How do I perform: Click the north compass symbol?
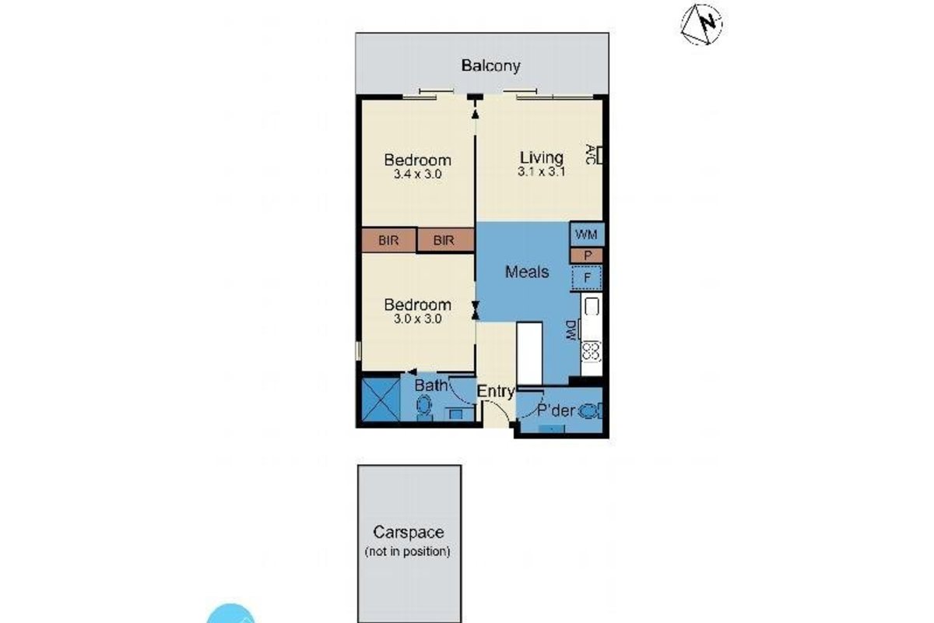[702, 24]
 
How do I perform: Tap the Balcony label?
[491, 66]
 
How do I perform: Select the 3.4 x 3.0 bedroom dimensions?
[417, 174]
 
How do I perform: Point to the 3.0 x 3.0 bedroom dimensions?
[417, 319]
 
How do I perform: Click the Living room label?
[542, 158]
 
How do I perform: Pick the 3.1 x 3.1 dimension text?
[541, 171]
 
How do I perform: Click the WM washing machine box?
[587, 234]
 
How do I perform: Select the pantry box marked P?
[587, 255]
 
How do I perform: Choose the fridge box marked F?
[587, 277]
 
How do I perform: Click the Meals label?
[527, 272]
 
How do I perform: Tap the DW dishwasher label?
[571, 330]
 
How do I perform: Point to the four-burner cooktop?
[592, 351]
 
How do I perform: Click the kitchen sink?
[592, 307]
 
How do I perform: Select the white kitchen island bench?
[529, 353]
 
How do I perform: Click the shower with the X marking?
[381, 399]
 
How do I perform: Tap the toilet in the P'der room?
[591, 411]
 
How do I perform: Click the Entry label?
[496, 392]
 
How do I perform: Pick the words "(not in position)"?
[407, 551]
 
